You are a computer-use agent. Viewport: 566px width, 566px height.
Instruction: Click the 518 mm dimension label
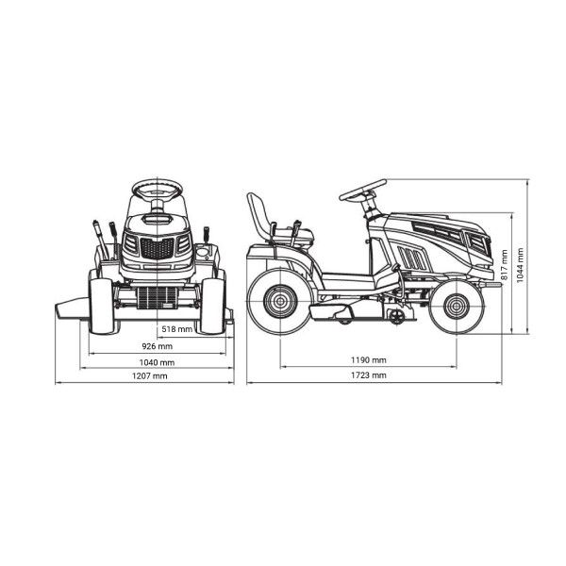pos(177,329)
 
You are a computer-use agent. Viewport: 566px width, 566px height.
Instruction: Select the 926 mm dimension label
pos(157,346)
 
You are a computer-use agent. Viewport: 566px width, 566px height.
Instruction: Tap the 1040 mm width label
pos(157,362)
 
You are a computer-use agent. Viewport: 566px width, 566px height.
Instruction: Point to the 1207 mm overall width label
pos(150,376)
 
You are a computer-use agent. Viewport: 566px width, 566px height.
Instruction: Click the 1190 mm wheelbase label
pos(369,360)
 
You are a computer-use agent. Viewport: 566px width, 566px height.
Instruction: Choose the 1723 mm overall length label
pos(369,375)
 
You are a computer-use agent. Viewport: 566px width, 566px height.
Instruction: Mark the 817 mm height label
pos(505,265)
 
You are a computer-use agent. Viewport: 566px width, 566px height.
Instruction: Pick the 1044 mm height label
pos(520,265)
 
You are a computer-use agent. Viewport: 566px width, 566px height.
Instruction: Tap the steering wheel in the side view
pos(363,191)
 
